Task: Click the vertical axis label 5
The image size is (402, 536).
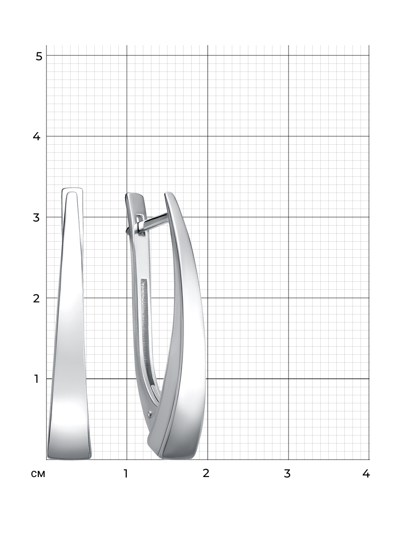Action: coord(39,56)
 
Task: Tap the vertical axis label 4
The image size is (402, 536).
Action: coord(36,136)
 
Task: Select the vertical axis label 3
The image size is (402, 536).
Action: coord(36,218)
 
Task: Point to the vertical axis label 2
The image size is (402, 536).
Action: coord(36,298)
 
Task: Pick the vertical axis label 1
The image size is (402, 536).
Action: coord(37,379)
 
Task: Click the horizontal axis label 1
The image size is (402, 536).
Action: coord(126,473)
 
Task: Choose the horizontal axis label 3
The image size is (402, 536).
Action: coord(287,473)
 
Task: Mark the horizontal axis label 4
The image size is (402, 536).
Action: coord(366,473)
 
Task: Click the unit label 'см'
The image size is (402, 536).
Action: coord(38,474)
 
